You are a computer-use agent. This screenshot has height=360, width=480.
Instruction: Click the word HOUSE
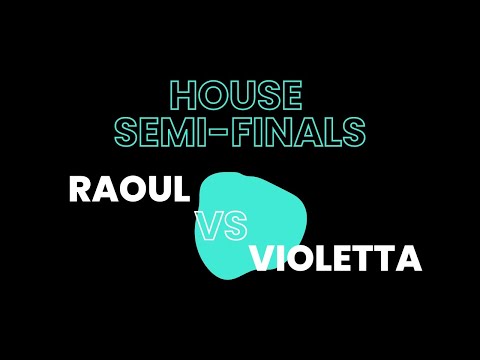click(236, 96)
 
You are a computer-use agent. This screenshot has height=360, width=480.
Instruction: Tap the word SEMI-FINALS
click(239, 131)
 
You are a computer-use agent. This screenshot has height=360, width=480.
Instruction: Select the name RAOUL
click(129, 189)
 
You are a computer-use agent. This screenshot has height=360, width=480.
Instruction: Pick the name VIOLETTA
click(335, 259)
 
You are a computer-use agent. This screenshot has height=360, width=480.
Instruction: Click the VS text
click(221, 227)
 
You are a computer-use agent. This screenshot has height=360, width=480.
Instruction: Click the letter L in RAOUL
click(180, 189)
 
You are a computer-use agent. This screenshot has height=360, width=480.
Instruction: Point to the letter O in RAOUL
click(131, 189)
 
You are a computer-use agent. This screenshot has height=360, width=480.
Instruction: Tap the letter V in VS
click(209, 227)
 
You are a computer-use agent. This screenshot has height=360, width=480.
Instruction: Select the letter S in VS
click(234, 227)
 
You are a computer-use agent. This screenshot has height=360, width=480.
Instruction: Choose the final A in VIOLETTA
click(407, 259)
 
